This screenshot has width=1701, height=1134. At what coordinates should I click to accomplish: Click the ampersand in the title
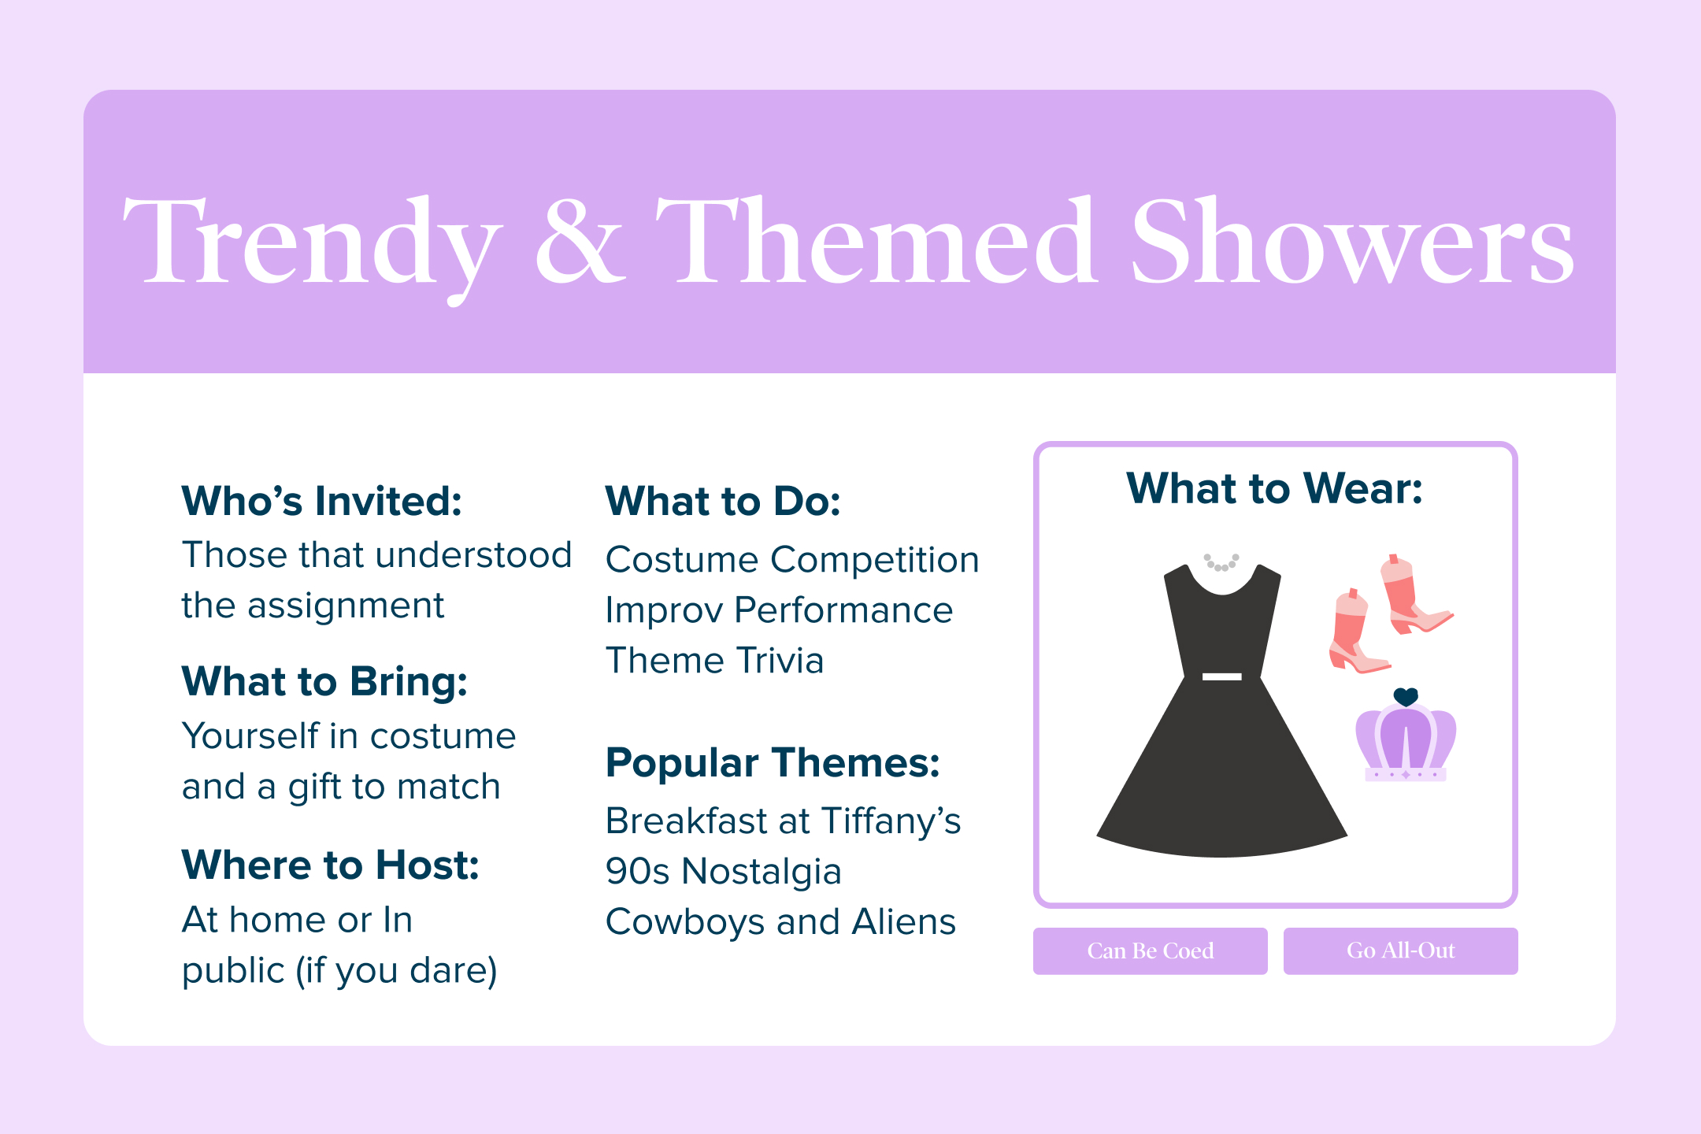(x=580, y=241)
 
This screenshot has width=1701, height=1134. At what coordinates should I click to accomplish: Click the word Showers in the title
(x=1352, y=241)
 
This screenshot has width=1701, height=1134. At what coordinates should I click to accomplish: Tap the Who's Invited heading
(x=322, y=501)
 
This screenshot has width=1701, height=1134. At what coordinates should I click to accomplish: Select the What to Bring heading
(x=324, y=682)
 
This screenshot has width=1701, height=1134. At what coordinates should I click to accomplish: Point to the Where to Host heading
(x=331, y=865)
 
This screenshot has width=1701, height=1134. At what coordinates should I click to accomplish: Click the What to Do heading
(x=723, y=501)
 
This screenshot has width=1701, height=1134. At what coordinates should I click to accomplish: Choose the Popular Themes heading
(x=773, y=762)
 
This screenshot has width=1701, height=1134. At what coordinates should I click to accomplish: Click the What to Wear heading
(x=1274, y=488)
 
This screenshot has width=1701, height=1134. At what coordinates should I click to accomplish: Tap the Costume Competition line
(x=792, y=560)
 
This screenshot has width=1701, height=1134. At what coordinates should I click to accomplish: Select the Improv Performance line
(x=779, y=610)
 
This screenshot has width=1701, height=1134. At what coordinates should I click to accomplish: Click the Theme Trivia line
(x=714, y=661)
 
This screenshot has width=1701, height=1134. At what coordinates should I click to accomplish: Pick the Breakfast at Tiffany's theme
(x=783, y=821)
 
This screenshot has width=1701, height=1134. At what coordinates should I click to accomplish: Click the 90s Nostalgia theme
(x=724, y=871)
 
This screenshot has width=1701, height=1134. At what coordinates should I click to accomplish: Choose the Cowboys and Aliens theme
(x=780, y=921)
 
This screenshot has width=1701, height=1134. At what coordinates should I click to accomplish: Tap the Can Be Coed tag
(x=1151, y=951)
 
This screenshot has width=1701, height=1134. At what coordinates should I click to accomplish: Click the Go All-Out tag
(x=1400, y=951)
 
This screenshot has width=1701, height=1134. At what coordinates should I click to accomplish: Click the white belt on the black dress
(x=1222, y=676)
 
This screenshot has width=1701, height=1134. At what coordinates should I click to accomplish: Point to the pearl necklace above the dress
(x=1221, y=562)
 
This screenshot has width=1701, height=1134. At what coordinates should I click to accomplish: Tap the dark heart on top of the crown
(x=1406, y=697)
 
